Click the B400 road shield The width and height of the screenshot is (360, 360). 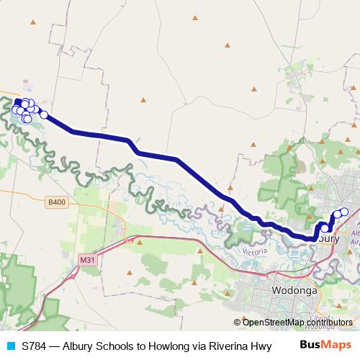click(x=58, y=202)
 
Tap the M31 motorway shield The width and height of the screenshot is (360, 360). click(x=88, y=259)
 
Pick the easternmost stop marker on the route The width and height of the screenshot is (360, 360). click(x=344, y=211)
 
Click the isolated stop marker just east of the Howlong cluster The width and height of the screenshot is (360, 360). click(x=44, y=114)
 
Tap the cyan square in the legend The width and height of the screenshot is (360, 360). click(x=9, y=346)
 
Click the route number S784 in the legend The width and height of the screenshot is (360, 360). click(x=35, y=346)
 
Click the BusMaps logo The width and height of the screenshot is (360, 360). click(x=325, y=346)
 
